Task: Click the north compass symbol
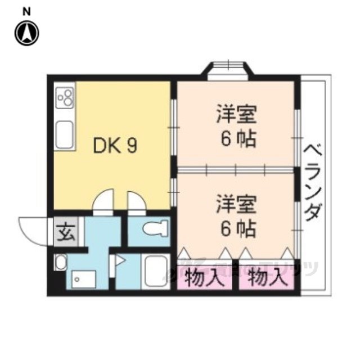(x=26, y=33)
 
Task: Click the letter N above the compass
(x=26, y=11)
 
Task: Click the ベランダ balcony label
(x=313, y=183)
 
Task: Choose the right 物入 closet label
(x=265, y=277)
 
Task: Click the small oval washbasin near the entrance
(x=61, y=263)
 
